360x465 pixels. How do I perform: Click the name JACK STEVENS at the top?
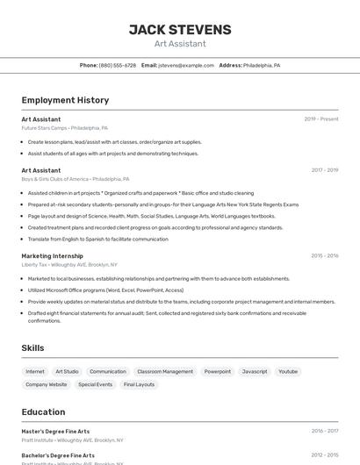pos(180,29)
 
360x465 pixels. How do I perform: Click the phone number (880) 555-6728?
pos(118,65)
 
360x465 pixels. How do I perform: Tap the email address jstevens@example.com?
pos(186,65)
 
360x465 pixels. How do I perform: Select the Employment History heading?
pos(65,100)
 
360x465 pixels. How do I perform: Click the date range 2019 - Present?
pos(321,118)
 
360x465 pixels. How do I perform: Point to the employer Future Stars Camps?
pos(64,127)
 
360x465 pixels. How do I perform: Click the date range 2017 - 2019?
pos(325,170)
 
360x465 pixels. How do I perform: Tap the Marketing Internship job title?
pos(52,256)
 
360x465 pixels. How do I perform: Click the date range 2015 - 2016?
pos(325,256)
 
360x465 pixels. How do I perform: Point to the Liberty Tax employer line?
pos(68,264)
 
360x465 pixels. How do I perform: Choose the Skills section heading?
pos(32,348)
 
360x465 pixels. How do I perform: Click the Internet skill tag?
pos(35,371)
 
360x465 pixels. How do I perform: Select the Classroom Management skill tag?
pos(165,371)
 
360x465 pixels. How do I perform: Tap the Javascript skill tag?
pos(255,371)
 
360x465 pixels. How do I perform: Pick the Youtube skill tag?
pos(288,371)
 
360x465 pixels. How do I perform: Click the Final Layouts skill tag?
pos(139,384)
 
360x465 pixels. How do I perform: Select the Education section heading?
pos(43,411)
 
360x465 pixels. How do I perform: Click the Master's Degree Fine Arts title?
pos(55,431)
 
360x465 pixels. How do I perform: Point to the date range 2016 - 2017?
pos(325,431)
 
